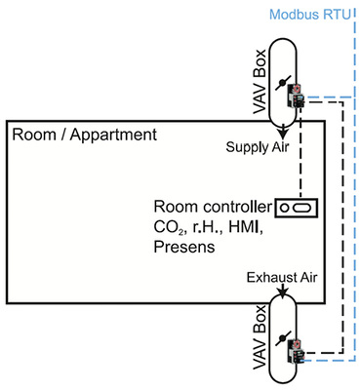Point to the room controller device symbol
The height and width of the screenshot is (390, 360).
pyautogui.click(x=297, y=207)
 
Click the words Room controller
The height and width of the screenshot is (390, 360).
pyautogui.click(x=213, y=208)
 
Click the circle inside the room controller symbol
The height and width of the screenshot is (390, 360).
pyautogui.click(x=290, y=207)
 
